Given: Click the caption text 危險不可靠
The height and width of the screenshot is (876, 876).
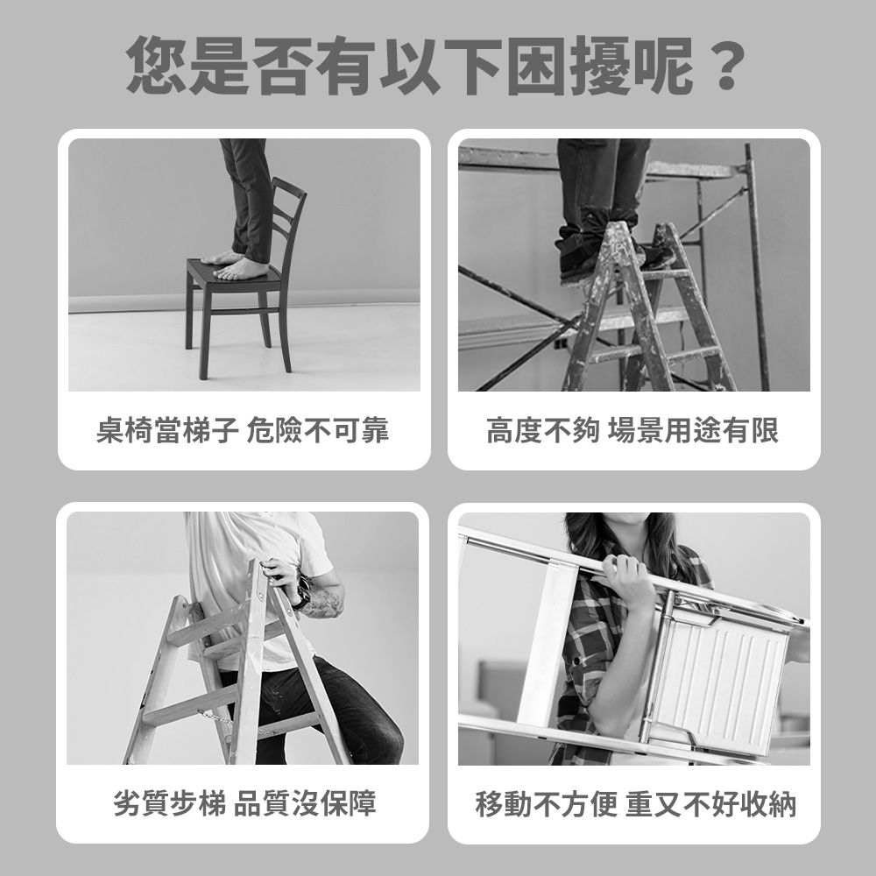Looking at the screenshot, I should click(x=318, y=431).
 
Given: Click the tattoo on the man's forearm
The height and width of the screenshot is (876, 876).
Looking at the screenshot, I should click(x=325, y=602).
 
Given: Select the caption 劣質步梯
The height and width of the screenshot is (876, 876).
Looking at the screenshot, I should click(x=169, y=803).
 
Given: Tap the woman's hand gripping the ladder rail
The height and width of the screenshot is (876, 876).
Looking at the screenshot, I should click(x=624, y=583).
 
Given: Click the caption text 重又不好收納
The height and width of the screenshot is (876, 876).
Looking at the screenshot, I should click(x=710, y=803).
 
